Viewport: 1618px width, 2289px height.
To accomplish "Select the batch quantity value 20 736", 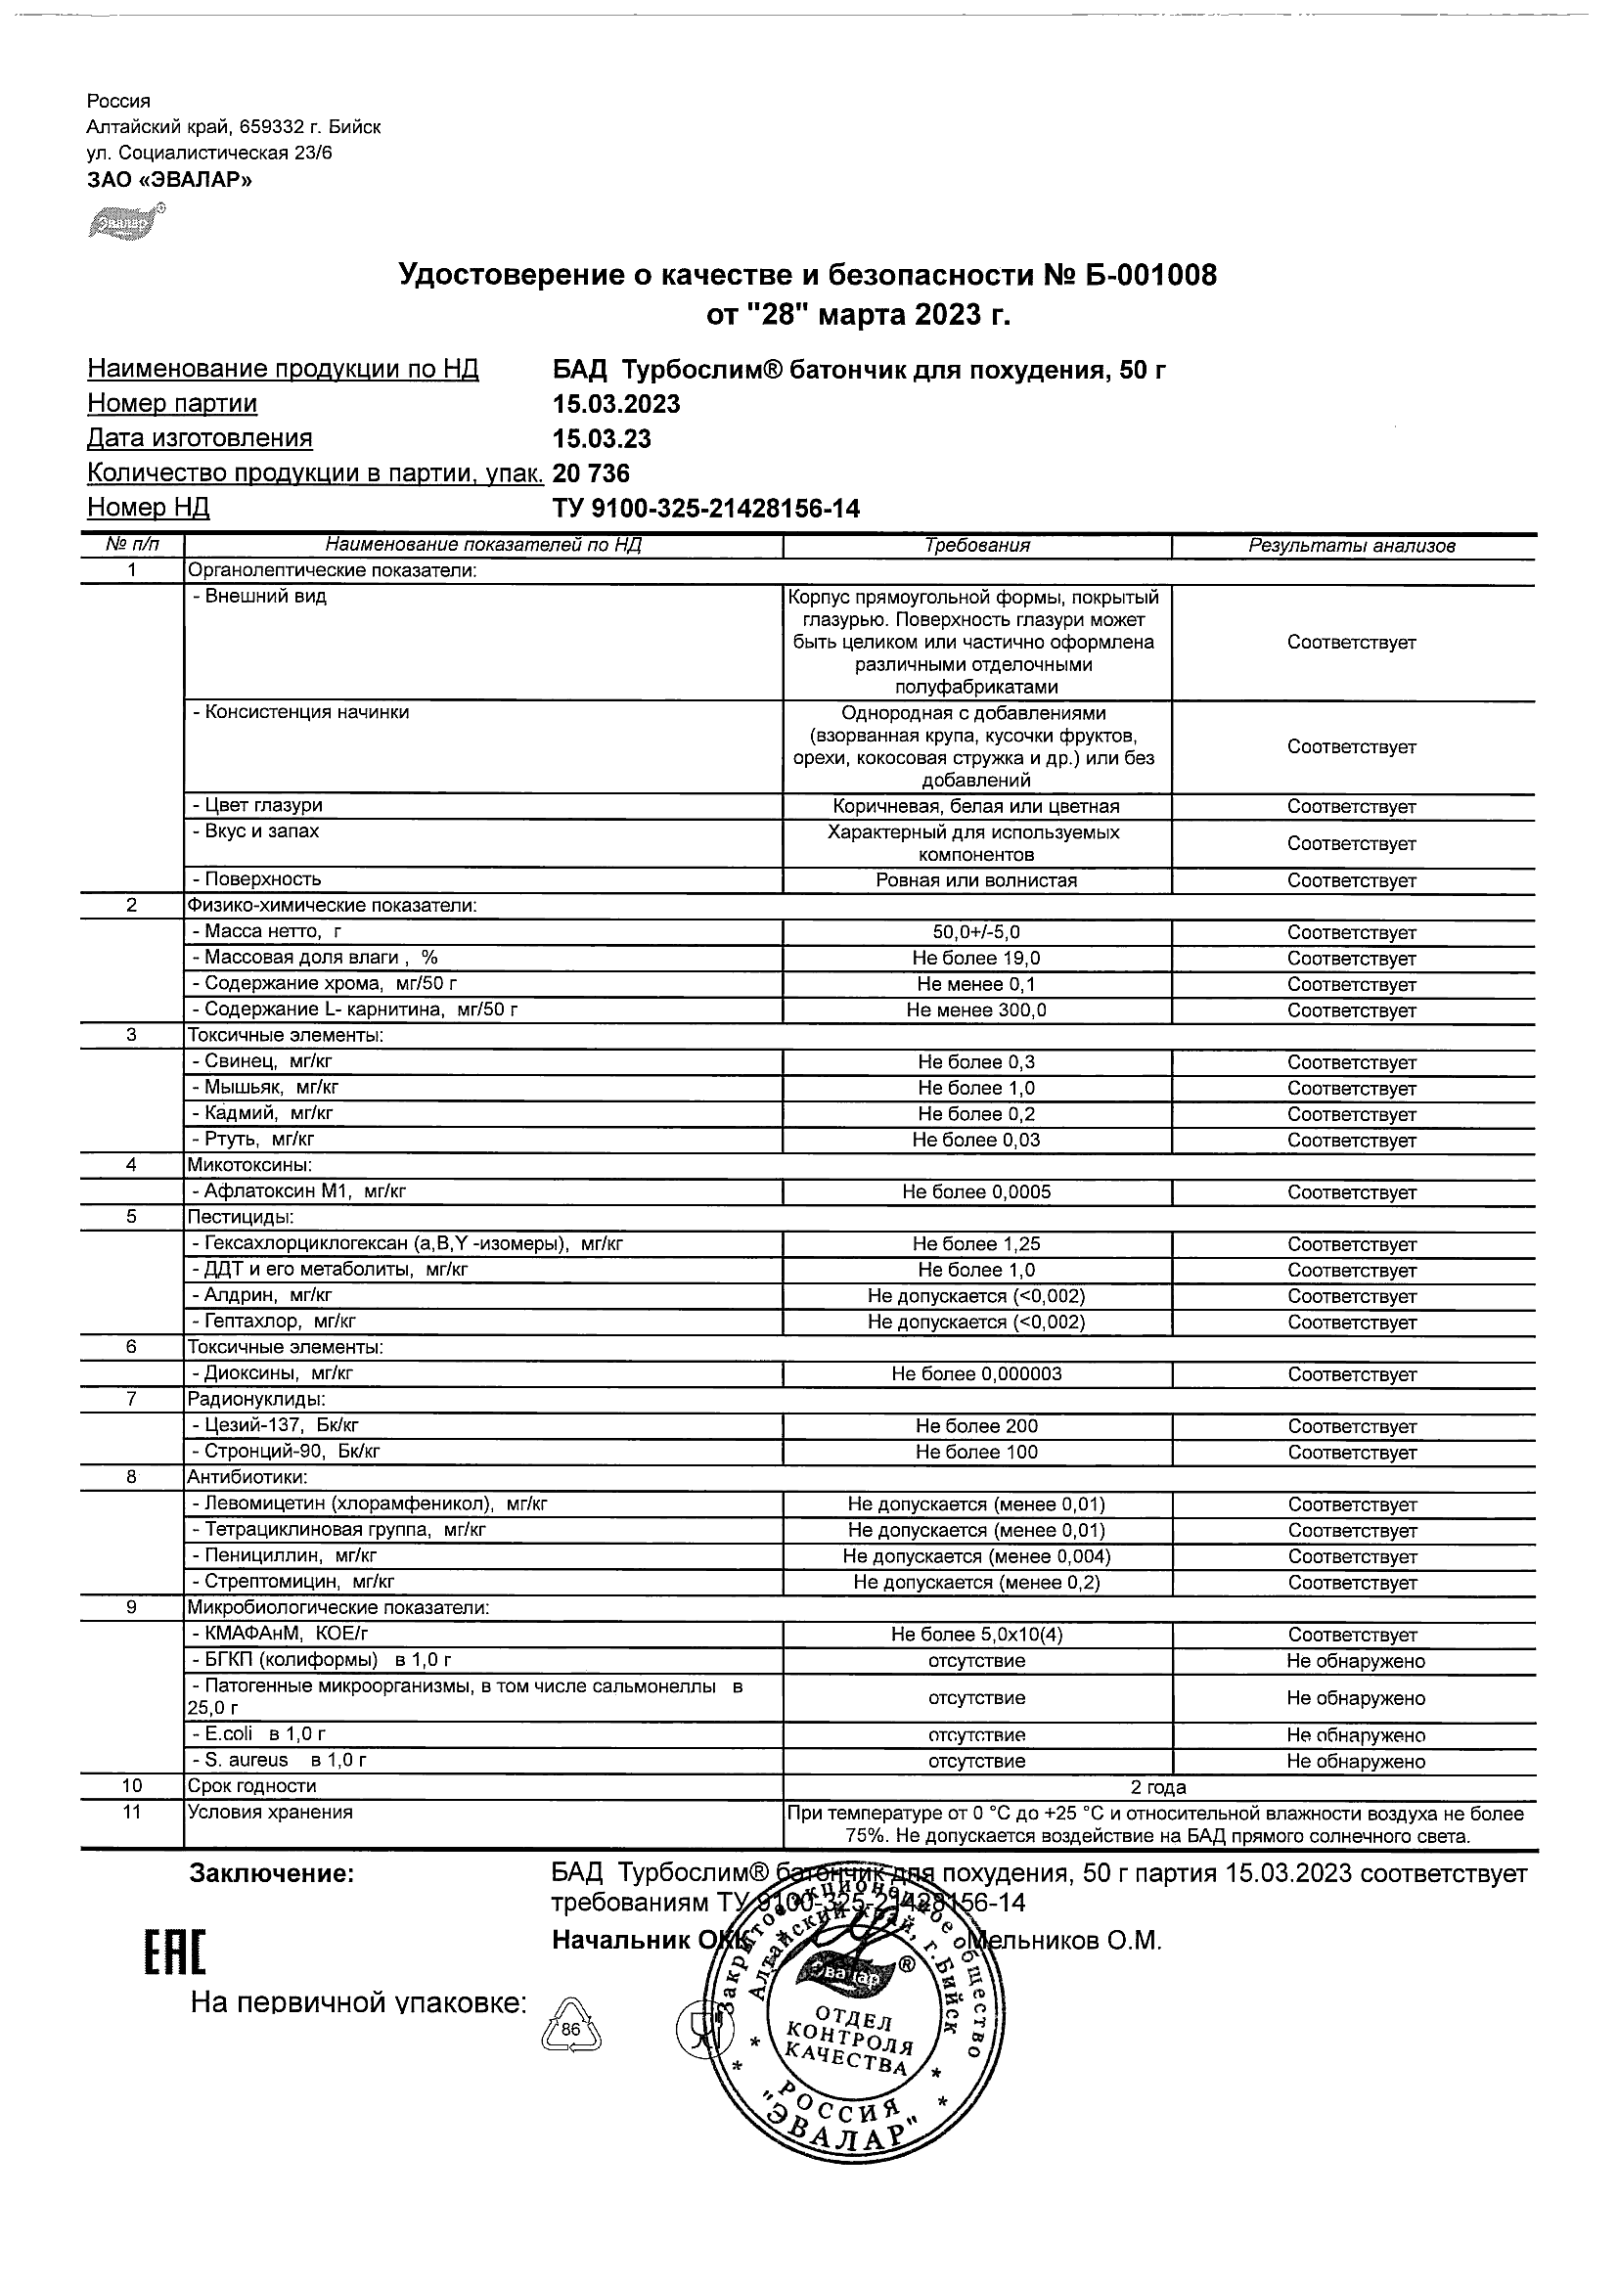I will (591, 473).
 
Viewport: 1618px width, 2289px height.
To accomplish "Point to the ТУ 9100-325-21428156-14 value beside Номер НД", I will (706, 510).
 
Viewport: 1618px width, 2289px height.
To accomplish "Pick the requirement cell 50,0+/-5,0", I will (976, 933).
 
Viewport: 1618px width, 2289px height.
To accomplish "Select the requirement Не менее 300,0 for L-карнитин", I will (976, 1010).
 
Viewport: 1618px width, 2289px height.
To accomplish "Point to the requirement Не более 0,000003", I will (976, 1373).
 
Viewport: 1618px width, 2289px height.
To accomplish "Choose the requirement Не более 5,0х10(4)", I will (976, 1635).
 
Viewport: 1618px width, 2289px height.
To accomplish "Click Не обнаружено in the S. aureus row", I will (1355, 1762).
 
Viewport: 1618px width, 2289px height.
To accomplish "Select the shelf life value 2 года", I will (1158, 1787).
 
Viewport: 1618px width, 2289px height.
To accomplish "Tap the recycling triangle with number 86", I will (570, 2024).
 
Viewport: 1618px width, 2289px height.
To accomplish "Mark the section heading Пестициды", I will (241, 1217).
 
